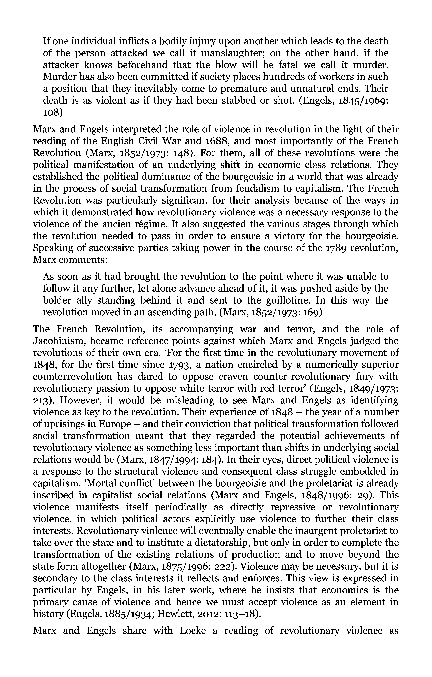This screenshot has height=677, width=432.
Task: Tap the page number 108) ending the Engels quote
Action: [x=53, y=112]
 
